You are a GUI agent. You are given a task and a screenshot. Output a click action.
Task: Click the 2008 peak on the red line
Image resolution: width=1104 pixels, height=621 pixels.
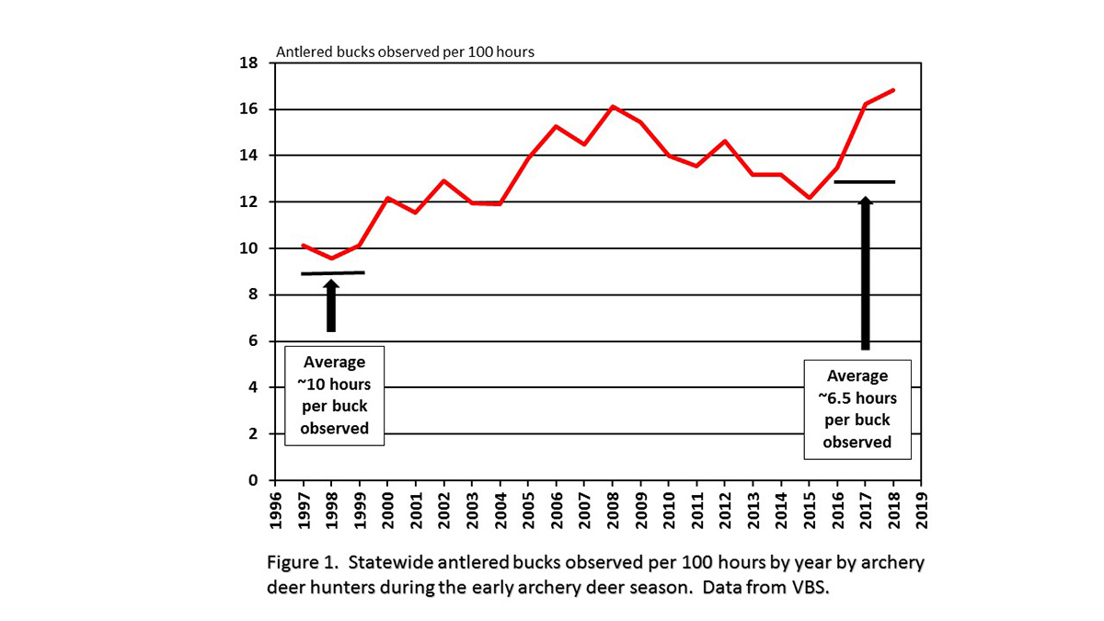613,107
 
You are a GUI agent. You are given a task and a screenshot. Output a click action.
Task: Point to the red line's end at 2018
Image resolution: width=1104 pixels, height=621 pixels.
893,90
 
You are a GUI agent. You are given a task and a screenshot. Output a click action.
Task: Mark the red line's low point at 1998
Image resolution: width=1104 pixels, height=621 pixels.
331,258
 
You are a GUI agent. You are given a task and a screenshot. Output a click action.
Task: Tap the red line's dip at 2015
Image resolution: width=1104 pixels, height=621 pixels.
810,198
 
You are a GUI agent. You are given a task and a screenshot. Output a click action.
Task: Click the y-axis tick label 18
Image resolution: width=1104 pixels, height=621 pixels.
247,63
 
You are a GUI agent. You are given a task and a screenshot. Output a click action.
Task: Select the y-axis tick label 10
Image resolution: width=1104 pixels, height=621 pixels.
247,248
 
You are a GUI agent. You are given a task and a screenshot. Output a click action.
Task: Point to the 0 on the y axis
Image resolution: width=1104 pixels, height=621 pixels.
251,480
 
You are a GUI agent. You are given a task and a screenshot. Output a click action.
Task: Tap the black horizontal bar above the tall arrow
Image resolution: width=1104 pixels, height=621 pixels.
864,182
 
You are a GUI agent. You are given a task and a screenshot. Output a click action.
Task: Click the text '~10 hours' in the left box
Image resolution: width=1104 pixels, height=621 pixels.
333,385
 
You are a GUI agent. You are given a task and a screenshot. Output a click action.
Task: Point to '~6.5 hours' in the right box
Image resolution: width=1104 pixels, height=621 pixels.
857,398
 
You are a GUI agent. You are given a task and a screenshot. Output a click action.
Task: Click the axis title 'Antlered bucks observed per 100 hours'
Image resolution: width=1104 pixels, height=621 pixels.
405,52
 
